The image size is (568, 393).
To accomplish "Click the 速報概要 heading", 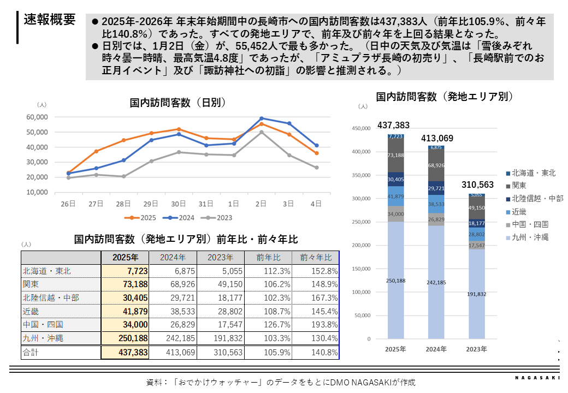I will coord(50,20).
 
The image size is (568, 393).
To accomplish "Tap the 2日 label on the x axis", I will coord(262,204).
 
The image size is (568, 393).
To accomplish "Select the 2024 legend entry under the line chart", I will coord(183,218).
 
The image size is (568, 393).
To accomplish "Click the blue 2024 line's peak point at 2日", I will coord(262,118).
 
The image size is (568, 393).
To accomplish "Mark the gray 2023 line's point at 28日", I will coord(124,176).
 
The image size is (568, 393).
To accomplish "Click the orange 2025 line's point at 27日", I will coord(96,151).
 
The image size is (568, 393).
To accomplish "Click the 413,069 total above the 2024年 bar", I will coord(437,139).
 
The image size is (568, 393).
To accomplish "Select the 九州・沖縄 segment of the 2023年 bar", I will coord(476,294).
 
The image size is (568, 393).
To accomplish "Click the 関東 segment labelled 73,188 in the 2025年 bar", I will coord(395,155).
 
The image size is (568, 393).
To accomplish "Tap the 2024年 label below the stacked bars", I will coord(436,349).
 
